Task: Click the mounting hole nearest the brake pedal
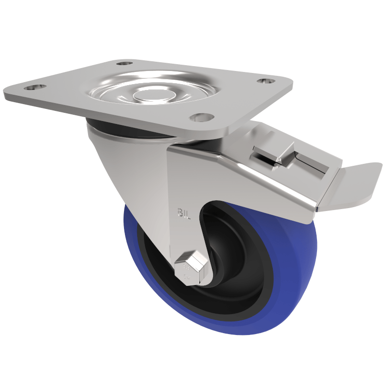coord(265,81)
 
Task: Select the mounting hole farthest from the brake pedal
coord(35,88)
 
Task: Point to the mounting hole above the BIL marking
coord(202,117)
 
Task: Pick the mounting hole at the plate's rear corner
coord(125,63)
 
